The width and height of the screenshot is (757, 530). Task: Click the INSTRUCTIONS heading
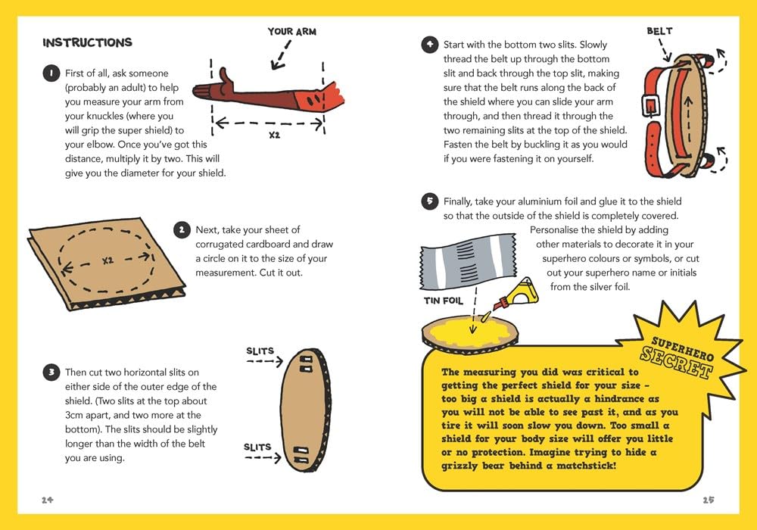click(87, 42)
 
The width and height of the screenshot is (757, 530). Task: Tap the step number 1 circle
click(49, 73)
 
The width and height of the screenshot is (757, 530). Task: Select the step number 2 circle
click(182, 229)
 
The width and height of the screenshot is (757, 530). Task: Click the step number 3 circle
click(50, 372)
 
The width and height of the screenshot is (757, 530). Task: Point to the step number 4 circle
click(429, 45)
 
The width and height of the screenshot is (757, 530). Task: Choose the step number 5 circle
click(429, 201)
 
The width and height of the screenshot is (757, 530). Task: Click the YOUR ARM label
click(291, 32)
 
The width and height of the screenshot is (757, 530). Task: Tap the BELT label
click(659, 32)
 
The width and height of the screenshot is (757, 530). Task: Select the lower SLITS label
click(257, 447)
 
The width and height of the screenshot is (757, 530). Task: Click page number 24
click(48, 500)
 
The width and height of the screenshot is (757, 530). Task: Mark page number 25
click(708, 500)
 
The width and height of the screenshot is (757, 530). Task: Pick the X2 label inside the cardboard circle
click(107, 260)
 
